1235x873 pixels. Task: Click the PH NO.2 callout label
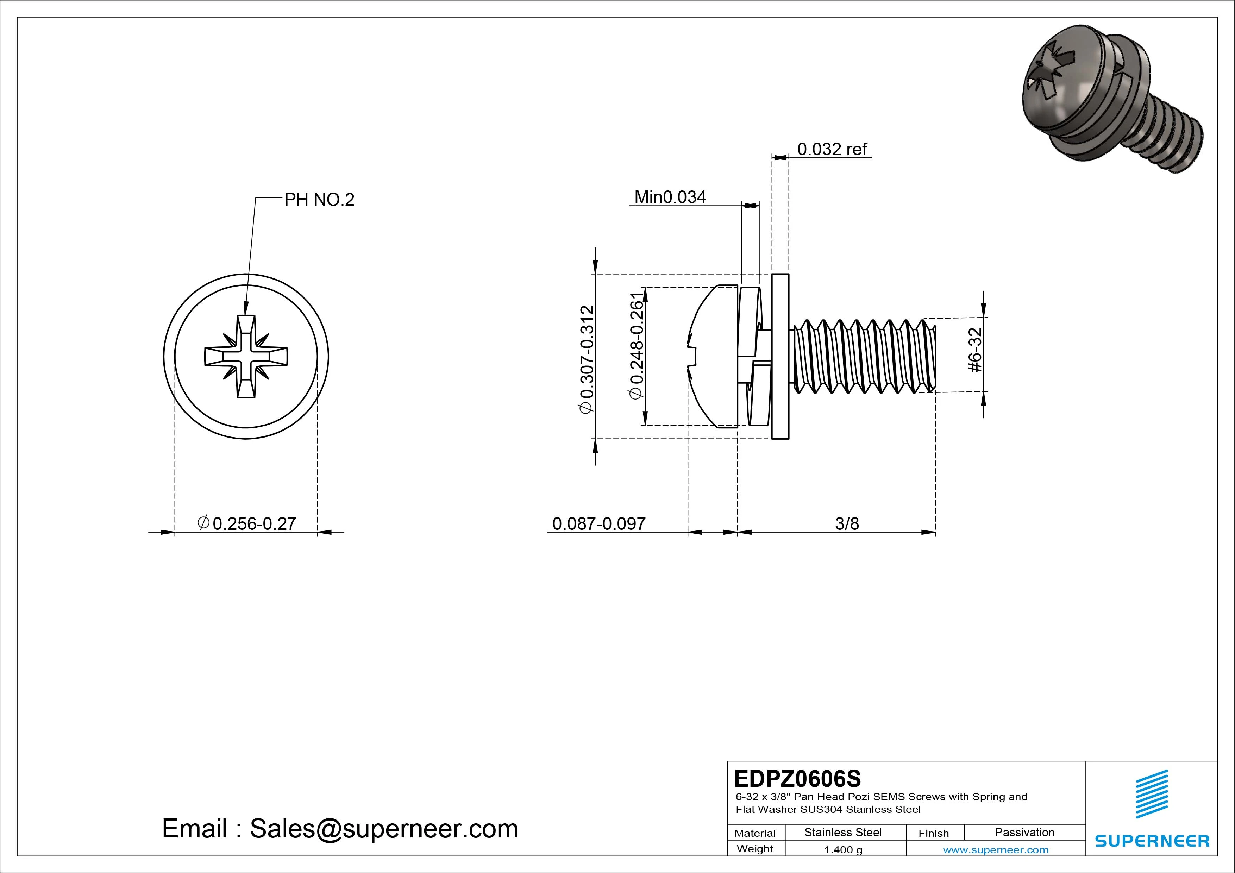(319, 200)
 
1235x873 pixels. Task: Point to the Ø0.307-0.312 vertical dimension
(586, 359)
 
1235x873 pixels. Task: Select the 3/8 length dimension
(847, 523)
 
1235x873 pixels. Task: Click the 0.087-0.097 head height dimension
(599, 523)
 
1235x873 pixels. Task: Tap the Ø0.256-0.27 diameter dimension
(247, 523)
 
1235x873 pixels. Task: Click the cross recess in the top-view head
(246, 357)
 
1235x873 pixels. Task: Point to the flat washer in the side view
(780, 356)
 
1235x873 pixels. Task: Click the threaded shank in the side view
(863, 356)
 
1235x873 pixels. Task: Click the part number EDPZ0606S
(797, 778)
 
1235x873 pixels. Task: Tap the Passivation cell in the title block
(1024, 832)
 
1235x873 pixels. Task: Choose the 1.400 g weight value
(843, 850)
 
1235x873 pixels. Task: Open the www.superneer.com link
(996, 850)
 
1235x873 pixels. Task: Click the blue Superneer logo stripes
(1152, 794)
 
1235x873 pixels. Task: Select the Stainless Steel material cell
(843, 832)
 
